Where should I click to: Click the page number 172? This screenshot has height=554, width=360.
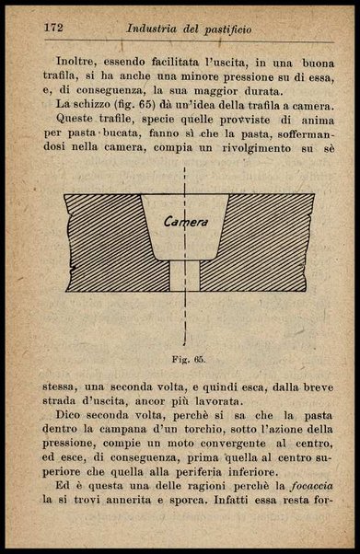[x=52, y=26]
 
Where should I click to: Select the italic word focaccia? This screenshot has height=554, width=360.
[x=308, y=483]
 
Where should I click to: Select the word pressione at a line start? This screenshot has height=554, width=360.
[x=69, y=450]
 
